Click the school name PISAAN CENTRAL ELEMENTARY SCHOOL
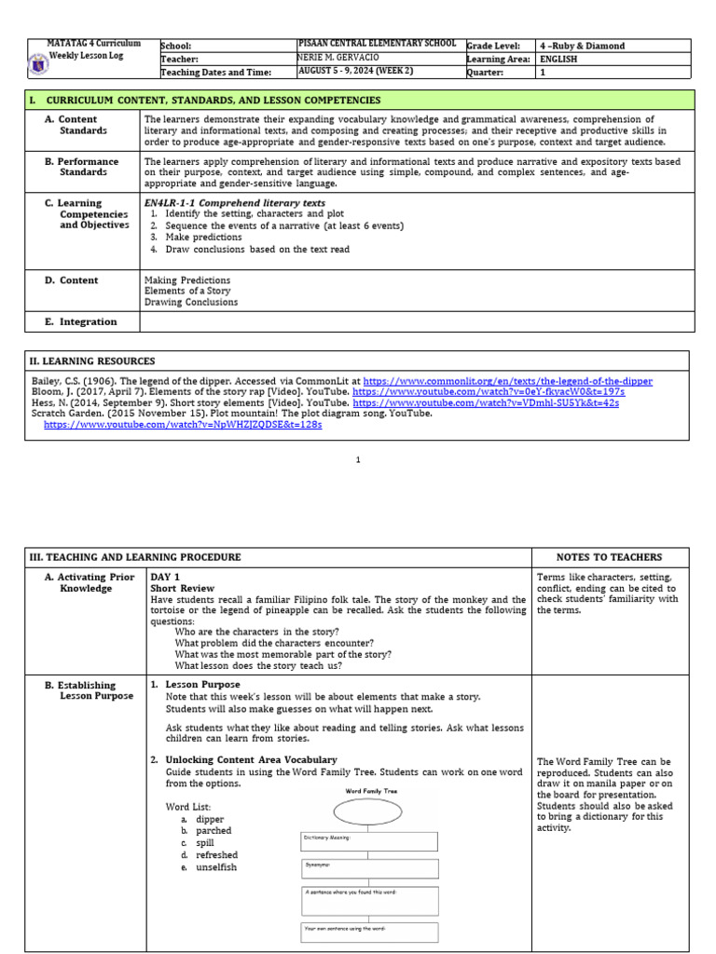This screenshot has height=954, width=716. point(376,44)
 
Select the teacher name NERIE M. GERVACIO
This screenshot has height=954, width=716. point(337,58)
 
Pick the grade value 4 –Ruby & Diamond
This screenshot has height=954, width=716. point(582,46)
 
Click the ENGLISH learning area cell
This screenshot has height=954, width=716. point(558,59)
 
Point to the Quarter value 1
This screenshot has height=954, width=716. point(543,73)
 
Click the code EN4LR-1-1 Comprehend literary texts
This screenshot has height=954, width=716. point(235,202)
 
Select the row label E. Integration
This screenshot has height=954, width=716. point(88,322)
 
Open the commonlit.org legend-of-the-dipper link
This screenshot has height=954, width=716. point(507,382)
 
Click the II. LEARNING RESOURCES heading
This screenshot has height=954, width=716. point(93,361)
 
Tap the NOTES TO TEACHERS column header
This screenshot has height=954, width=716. point(609,557)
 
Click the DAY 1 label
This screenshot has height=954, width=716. point(165,578)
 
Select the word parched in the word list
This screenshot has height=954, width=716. point(213,830)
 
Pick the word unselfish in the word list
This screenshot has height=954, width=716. point(216,867)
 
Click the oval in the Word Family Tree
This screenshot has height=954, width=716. point(366,812)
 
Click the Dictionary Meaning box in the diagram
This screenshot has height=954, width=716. point(369,841)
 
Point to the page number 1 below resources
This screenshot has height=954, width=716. point(358,459)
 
